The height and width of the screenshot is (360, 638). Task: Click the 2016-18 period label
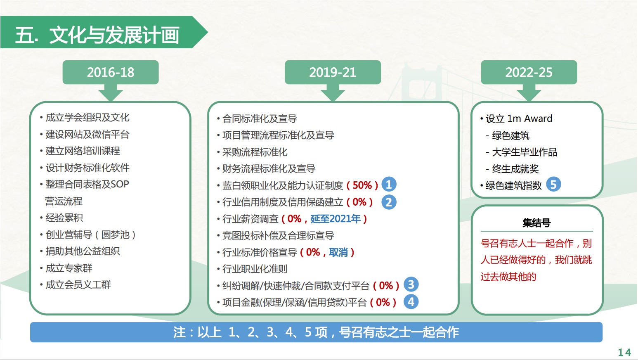coord(111,72)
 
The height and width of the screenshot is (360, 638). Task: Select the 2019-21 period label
coord(333,72)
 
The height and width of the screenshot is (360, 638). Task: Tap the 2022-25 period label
coord(529,72)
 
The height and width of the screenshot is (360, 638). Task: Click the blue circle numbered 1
coord(389,184)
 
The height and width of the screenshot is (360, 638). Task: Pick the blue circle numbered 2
coord(389,202)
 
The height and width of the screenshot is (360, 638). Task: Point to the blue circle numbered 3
coord(411,284)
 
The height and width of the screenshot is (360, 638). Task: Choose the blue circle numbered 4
coord(411,302)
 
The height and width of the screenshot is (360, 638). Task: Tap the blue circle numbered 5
coord(553,185)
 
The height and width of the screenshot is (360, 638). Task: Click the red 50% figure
coord(362,185)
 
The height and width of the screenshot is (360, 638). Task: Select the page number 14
coord(624,353)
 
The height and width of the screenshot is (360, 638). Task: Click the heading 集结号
coord(536,223)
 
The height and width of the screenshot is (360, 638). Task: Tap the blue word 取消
coord(339,252)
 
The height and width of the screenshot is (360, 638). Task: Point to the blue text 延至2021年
coord(336,219)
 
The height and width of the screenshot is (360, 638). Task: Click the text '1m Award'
coord(530,118)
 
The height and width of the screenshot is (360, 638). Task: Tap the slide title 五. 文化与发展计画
coord(97,35)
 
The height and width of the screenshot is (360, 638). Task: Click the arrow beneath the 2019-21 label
coord(333,92)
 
